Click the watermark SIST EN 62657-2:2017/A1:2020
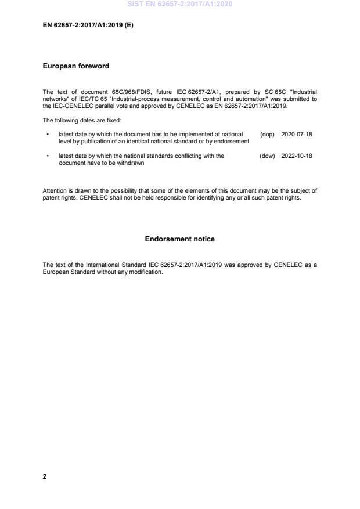click(x=179, y=5)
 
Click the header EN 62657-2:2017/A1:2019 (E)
click(x=88, y=26)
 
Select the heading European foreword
click(x=75, y=66)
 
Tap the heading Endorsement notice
click(x=179, y=239)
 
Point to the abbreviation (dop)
click(x=267, y=134)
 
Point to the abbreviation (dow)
click(x=267, y=156)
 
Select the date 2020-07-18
click(x=297, y=134)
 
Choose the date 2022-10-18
click(x=297, y=156)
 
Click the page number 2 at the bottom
click(x=45, y=476)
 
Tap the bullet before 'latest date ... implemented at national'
click(x=46, y=134)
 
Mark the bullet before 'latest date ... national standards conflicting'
click(x=46, y=156)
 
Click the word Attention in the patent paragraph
click(x=55, y=190)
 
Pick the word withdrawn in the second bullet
click(x=131, y=163)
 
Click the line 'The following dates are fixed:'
click(x=82, y=120)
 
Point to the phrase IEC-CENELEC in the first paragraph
click(x=70, y=106)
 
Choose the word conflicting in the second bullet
click(x=194, y=156)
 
